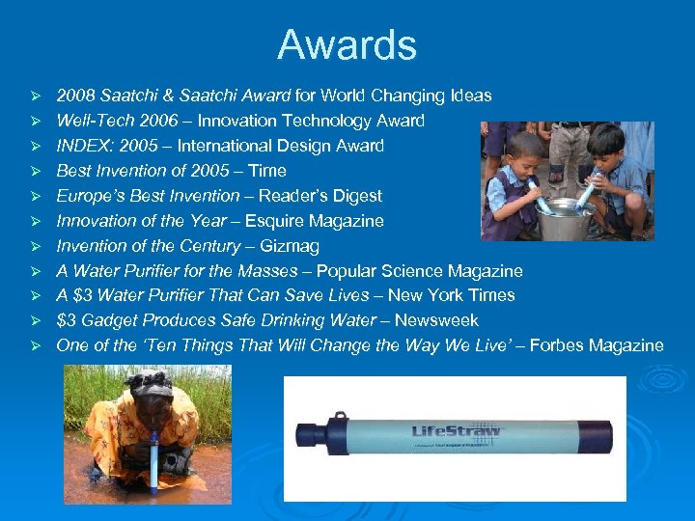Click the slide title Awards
pyautogui.click(x=347, y=45)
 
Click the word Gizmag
pyautogui.click(x=291, y=245)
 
